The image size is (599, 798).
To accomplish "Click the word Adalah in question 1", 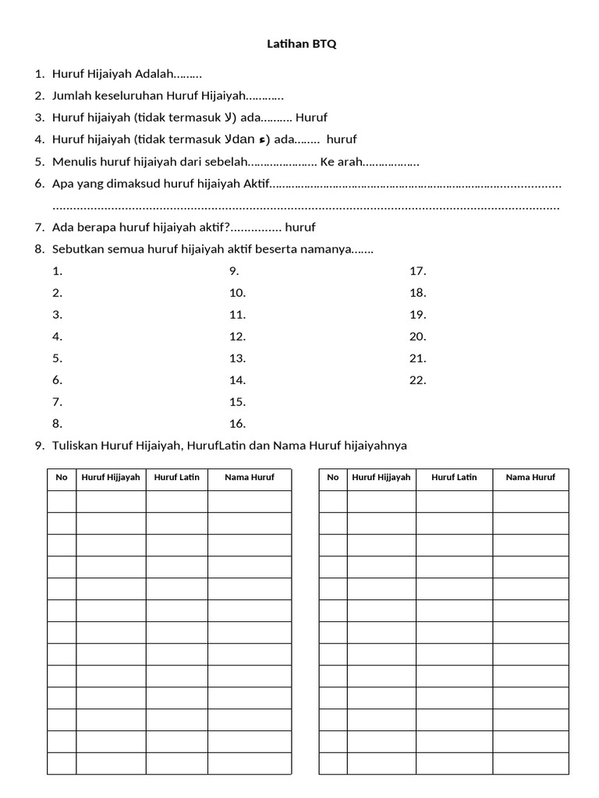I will tap(154, 74).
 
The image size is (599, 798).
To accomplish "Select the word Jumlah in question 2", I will tap(71, 96).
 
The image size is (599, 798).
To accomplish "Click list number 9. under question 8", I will tap(233, 271).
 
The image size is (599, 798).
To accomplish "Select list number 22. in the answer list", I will tap(417, 380).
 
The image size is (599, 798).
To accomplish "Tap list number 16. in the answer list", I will tap(237, 424).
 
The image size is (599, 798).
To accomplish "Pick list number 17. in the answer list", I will tap(417, 271).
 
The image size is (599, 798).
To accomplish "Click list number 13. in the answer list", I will tap(237, 358).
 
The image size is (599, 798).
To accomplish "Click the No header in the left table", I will tap(62, 477).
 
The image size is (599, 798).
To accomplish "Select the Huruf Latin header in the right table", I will tap(454, 477).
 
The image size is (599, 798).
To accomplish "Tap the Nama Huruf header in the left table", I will tap(249, 477).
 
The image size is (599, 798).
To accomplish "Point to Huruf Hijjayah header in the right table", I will tap(381, 477).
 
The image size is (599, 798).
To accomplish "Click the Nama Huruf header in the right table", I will tap(530, 477).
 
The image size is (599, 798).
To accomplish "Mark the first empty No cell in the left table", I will tap(62, 501).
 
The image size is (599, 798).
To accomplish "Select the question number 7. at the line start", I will tap(39, 228).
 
